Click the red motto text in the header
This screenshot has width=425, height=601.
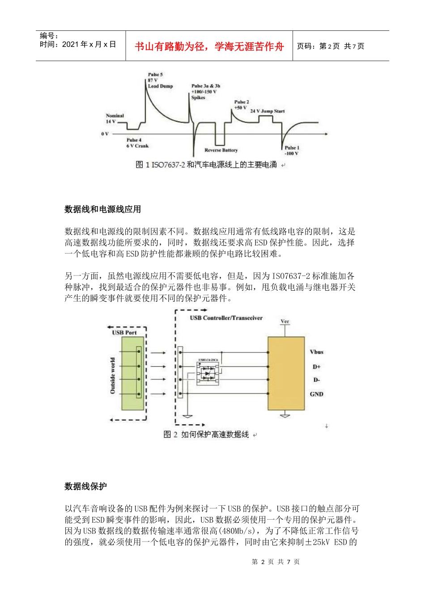[209, 47]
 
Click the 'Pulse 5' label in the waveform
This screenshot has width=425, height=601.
[155, 75]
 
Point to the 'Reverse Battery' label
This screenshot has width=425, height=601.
[221, 150]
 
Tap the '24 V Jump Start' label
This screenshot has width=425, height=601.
[267, 111]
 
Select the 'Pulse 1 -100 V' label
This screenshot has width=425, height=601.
[292, 151]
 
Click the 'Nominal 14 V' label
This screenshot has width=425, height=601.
[115, 119]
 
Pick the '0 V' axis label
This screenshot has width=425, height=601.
[105, 134]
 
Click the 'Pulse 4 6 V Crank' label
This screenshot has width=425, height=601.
[136, 143]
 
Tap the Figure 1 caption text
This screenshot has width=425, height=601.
[206, 165]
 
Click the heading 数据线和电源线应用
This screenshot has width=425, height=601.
[102, 209]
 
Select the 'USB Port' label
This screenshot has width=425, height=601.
[124, 333]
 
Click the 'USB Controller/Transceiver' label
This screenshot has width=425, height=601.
[226, 318]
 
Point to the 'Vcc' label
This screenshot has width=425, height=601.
[285, 322]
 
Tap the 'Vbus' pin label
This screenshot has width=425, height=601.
[316, 352]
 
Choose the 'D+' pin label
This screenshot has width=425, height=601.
[316, 367]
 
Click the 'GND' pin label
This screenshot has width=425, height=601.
[316, 394]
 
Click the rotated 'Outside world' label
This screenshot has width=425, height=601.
[113, 376]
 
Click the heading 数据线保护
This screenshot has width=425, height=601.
[85, 487]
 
